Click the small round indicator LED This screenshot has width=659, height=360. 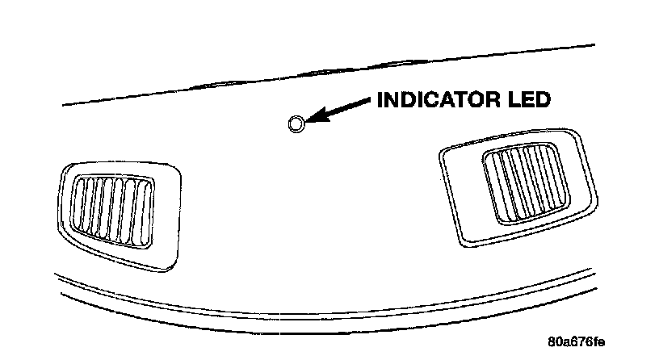[296, 123]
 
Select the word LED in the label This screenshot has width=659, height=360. [528, 100]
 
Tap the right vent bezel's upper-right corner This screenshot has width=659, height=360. [575, 133]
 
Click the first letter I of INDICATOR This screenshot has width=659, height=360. [380, 100]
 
